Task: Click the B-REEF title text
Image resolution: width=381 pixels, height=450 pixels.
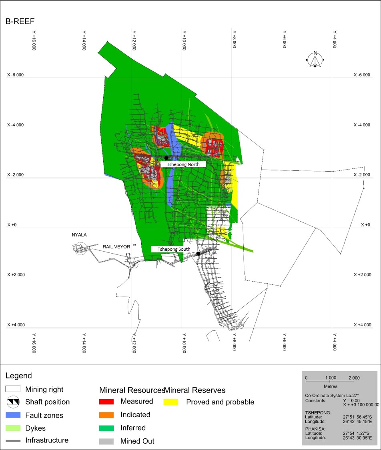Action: [x=21, y=21]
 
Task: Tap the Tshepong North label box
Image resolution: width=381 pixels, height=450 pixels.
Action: [x=183, y=164]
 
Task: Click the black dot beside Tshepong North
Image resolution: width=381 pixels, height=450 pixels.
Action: [x=166, y=158]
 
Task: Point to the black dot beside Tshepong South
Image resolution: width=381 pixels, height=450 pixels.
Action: [x=198, y=254]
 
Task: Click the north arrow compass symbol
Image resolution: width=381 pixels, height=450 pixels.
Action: [x=315, y=60]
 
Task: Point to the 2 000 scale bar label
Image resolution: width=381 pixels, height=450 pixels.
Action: [x=354, y=378]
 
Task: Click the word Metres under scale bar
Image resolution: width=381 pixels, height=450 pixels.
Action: [x=331, y=386]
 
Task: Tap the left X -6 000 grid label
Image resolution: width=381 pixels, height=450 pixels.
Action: [x=16, y=75]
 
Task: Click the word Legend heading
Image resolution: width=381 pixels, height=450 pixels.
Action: [x=18, y=376]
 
